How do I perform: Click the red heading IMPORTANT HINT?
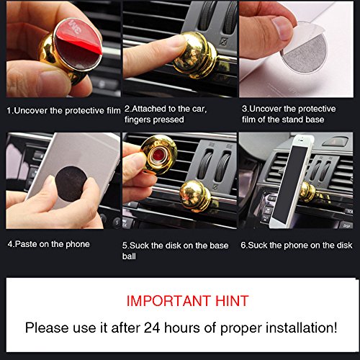[x=187, y=301]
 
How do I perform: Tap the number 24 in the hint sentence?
[x=152, y=328]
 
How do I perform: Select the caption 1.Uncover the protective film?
[x=63, y=111]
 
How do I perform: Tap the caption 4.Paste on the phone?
[x=49, y=244]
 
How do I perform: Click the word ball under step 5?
[x=129, y=256]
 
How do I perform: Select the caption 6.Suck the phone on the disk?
[x=297, y=245]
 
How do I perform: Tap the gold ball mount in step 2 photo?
[x=194, y=55]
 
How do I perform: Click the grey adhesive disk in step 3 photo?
[x=305, y=54]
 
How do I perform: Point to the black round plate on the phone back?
[x=71, y=184]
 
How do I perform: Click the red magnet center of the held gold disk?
[x=158, y=156]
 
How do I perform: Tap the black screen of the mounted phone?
[x=291, y=184]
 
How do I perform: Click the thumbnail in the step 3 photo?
[x=283, y=27]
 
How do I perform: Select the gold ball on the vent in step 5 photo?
[x=196, y=196]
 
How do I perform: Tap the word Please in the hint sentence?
[x=47, y=328]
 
